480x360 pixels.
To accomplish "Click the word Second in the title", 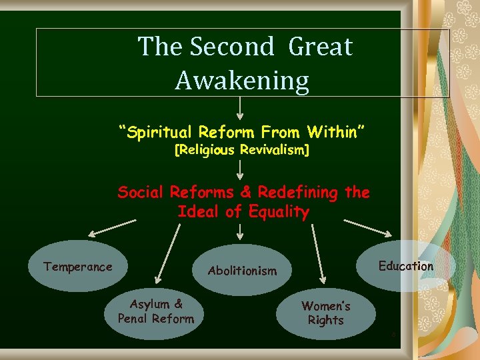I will point(231,47).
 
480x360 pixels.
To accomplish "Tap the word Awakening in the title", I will point(242,81).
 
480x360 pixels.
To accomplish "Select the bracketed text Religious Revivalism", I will point(241,151).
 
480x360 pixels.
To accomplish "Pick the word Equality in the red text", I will point(280,213).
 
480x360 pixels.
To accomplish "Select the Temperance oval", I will point(78,267).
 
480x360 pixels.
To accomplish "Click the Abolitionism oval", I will point(242,271).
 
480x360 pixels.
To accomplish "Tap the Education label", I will point(405,267).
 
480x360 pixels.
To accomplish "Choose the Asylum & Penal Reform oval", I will point(156,312).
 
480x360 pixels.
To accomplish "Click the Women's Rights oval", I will point(326,313).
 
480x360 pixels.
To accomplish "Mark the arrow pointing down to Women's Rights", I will point(317,256).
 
